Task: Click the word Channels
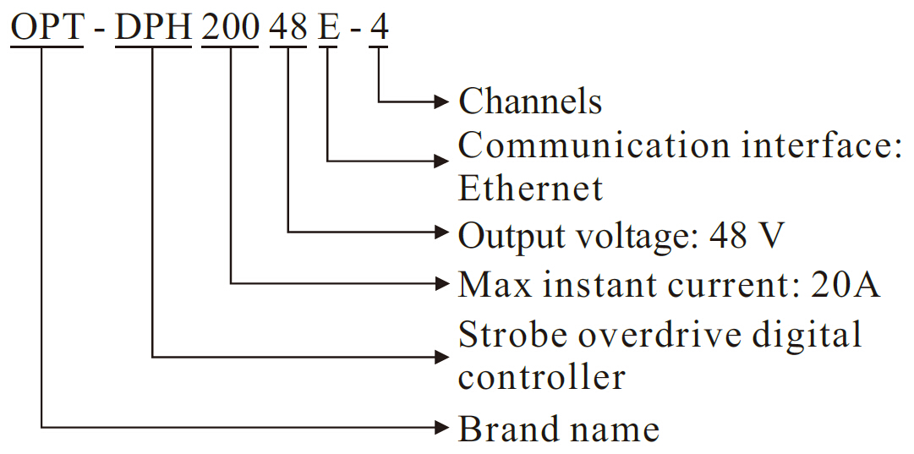pos(530,101)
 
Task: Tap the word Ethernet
pos(530,188)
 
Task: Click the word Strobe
pos(511,335)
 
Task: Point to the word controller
pos(541,377)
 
